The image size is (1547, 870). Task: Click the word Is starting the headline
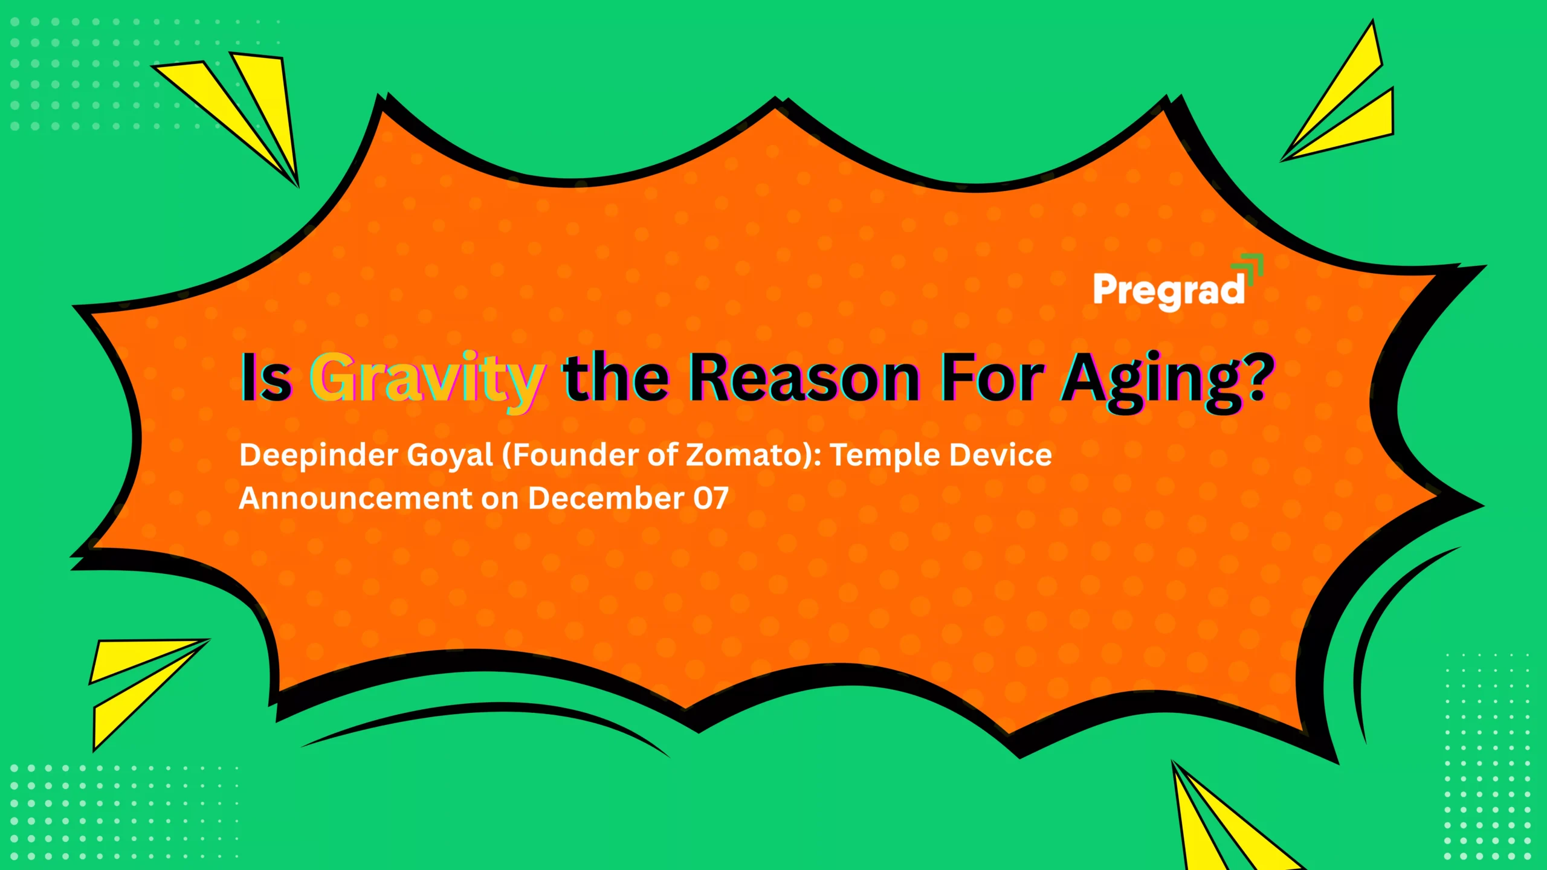point(266,377)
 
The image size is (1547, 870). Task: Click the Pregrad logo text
point(1169,291)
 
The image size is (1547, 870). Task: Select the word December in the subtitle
point(606,498)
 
